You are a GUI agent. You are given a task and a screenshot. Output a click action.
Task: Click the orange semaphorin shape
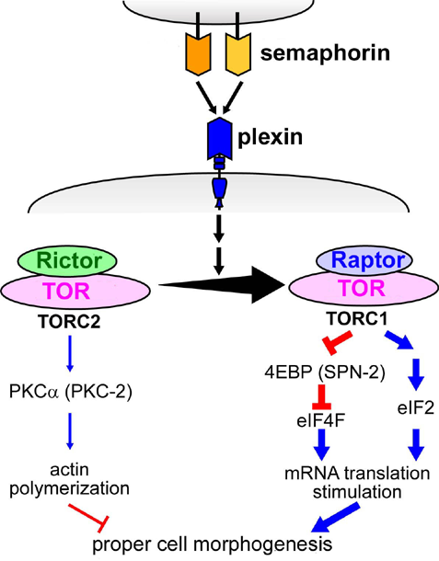tap(198, 53)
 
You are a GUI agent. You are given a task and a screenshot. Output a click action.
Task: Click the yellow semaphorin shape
tap(238, 53)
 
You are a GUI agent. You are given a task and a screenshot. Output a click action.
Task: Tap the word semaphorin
tap(325, 53)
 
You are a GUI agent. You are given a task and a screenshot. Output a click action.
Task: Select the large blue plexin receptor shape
tap(219, 138)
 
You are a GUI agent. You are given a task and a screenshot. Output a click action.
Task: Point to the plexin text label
tap(270, 137)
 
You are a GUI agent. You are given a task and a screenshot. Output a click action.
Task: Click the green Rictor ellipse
tap(68, 261)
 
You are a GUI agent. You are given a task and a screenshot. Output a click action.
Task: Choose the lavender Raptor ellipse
tap(364, 260)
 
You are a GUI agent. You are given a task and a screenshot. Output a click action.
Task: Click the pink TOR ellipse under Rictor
tap(75, 291)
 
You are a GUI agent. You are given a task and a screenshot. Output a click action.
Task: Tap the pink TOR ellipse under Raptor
tap(364, 289)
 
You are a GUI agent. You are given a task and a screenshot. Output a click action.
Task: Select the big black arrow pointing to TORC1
tap(222, 285)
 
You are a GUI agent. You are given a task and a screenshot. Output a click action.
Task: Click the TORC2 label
tap(69, 322)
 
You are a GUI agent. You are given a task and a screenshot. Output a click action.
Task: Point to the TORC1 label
tap(357, 319)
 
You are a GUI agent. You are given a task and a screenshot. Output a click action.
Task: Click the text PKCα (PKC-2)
tap(71, 391)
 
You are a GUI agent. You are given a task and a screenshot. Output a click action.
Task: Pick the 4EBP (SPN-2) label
tap(325, 372)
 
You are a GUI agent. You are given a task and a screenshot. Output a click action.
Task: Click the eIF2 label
tap(416, 407)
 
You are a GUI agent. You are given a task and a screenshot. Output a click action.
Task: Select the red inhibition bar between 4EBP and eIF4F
tap(321, 396)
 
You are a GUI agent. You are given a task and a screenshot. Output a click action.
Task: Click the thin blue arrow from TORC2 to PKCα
tap(70, 354)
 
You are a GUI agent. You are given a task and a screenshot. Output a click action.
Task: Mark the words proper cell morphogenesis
tap(213, 544)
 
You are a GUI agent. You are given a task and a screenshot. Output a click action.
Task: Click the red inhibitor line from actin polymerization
tap(87, 516)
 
